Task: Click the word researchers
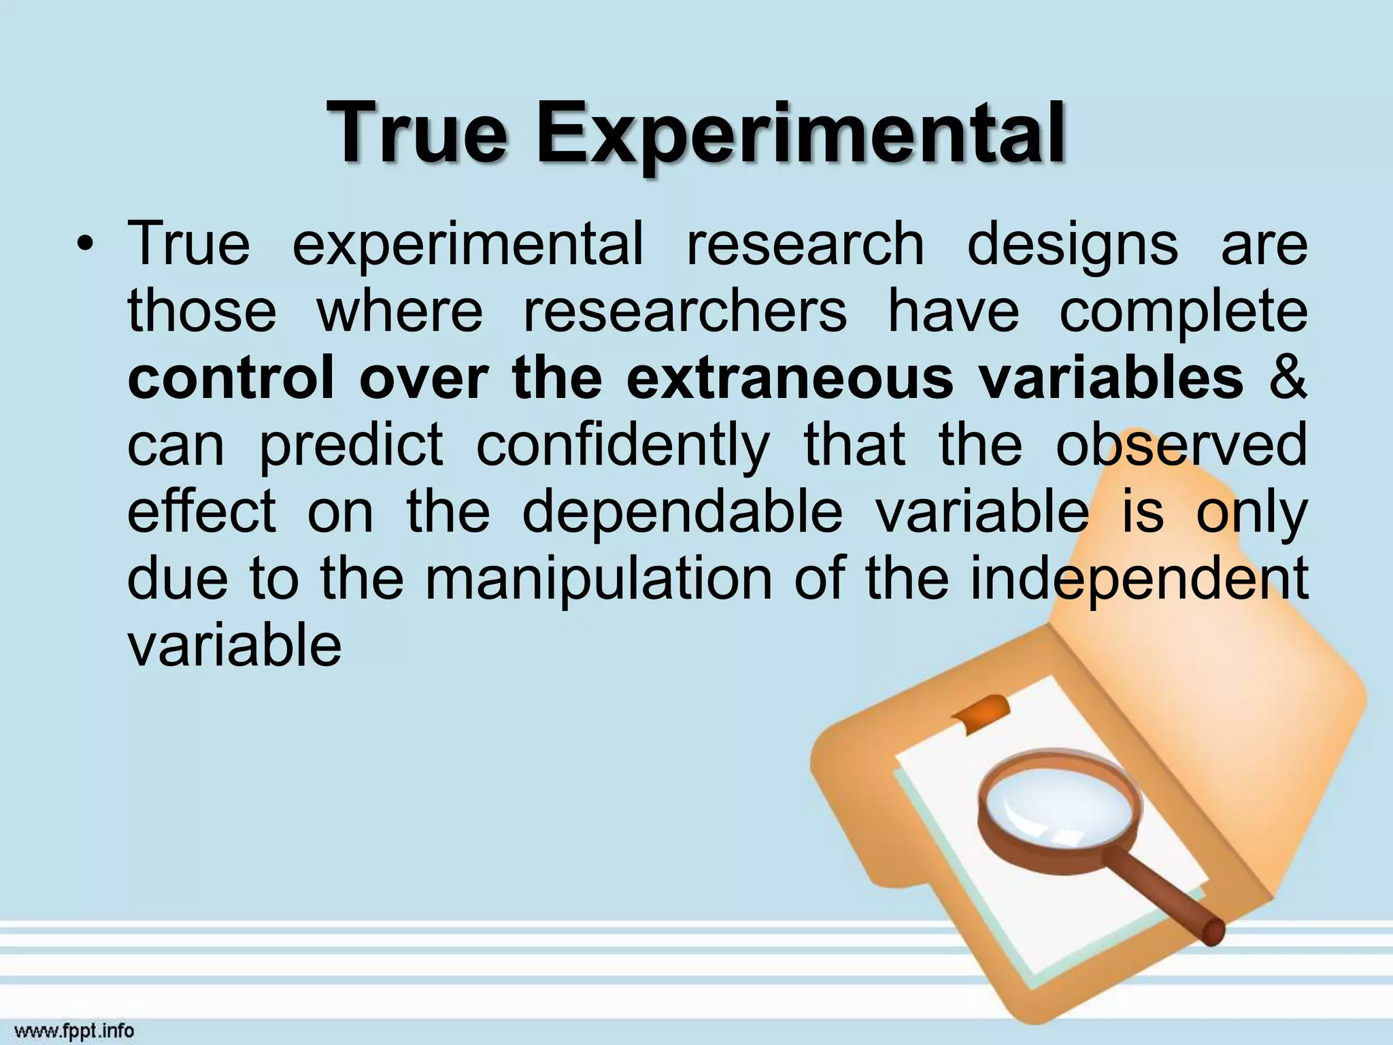tap(685, 311)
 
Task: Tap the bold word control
tap(231, 378)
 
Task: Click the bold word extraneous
tap(790, 378)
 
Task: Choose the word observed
tap(1181, 445)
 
